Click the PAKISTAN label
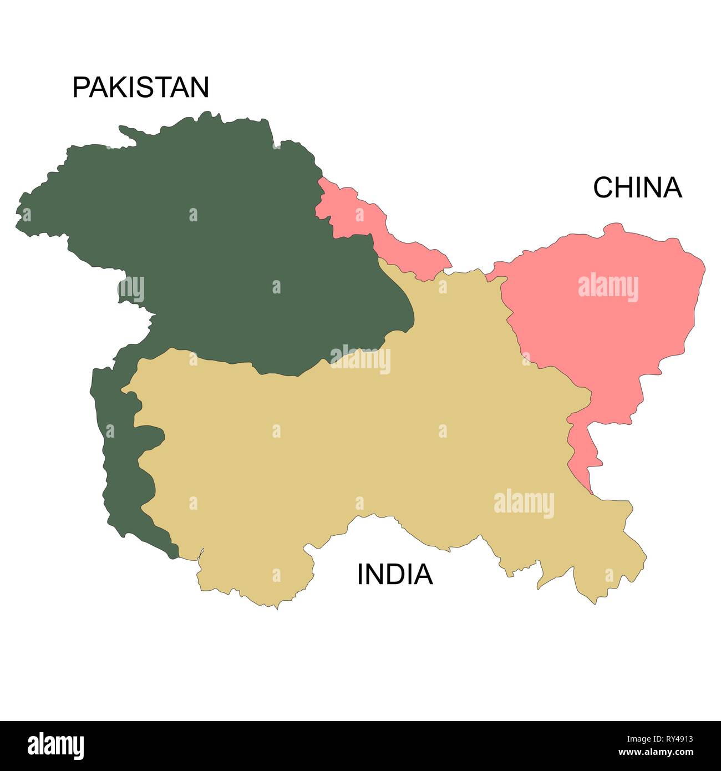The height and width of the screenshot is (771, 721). (x=141, y=88)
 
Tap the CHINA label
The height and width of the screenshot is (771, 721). (x=637, y=188)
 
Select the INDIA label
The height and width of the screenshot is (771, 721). (x=394, y=575)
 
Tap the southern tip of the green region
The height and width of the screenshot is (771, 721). (x=172, y=549)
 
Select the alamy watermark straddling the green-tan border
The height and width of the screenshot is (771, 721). (x=360, y=359)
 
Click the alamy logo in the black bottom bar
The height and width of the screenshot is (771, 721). (x=56, y=745)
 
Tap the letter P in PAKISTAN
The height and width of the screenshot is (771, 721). (x=81, y=88)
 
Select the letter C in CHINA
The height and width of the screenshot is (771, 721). (x=602, y=188)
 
